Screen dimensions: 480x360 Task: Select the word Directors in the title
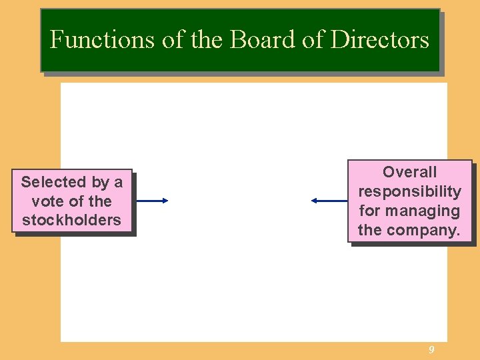pos(380,40)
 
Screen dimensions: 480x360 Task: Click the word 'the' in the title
pos(207,40)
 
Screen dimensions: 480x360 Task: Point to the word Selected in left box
pos(54,182)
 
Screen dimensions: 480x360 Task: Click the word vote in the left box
pos(47,201)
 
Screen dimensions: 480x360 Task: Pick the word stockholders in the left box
pos(72,220)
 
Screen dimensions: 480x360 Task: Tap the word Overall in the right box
pos(409,172)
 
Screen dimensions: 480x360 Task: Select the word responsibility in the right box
pos(409,191)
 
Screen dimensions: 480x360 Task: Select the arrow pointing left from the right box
pos(329,200)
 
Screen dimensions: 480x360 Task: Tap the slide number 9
pos(431,350)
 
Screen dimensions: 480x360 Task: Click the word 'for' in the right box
pos(371,211)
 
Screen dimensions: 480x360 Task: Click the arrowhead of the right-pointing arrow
pos(165,200)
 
